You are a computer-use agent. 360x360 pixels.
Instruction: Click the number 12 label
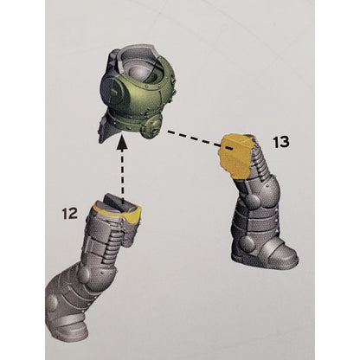(70, 214)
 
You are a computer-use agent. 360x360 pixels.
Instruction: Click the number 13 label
(281, 142)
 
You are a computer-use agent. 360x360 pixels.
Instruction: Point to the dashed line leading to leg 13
(200, 140)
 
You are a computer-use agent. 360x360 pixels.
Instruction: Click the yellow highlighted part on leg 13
(235, 154)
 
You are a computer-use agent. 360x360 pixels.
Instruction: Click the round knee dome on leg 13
(254, 200)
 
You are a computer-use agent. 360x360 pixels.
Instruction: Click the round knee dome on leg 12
(84, 274)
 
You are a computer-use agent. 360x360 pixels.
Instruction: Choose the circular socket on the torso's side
(115, 92)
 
